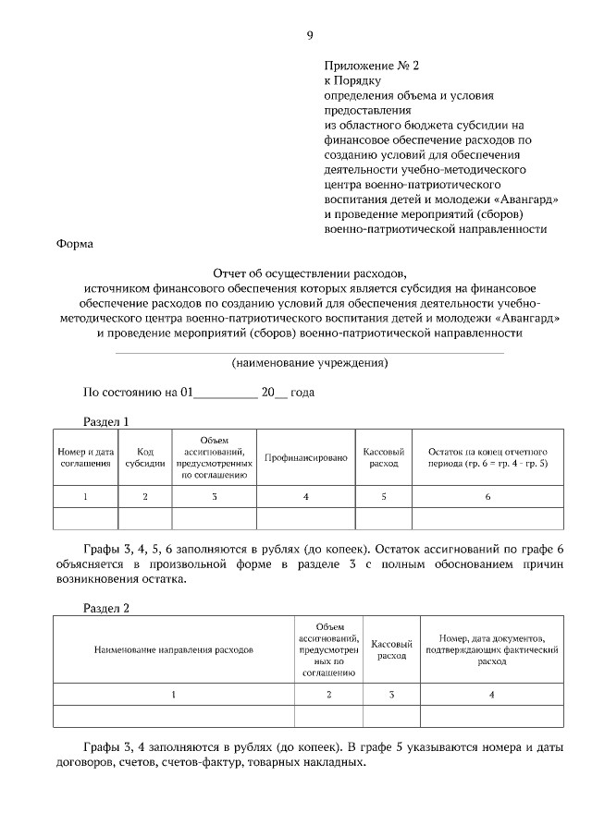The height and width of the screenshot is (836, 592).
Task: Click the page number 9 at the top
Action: click(309, 36)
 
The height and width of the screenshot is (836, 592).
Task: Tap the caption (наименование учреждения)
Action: click(309, 362)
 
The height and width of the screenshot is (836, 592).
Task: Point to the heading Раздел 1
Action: click(106, 421)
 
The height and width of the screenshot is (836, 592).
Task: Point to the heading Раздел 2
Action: click(106, 608)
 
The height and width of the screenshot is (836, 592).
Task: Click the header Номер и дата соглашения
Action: click(85, 457)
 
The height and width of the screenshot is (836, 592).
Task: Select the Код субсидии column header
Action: click(145, 457)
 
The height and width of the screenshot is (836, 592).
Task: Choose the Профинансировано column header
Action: click(305, 457)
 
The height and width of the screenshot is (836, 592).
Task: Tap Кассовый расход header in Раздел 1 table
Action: click(383, 457)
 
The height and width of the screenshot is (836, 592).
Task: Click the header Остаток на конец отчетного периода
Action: click(487, 457)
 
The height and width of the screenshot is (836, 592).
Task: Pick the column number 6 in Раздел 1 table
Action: click(487, 497)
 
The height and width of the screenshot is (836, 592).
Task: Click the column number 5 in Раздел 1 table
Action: click(383, 497)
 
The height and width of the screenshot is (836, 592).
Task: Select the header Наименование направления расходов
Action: click(173, 649)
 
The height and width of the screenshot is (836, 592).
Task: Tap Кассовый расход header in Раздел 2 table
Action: click(391, 649)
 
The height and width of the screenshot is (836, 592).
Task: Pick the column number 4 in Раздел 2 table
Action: click(491, 693)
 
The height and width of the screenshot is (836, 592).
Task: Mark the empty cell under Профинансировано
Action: click(305, 518)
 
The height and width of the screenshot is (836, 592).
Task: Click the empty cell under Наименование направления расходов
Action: click(173, 715)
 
